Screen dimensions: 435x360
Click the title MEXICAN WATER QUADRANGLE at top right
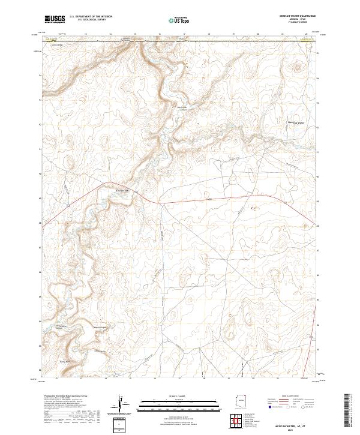[x=294, y=16]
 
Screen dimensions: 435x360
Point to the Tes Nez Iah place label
[x=122, y=191]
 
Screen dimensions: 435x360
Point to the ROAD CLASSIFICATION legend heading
[x=288, y=397]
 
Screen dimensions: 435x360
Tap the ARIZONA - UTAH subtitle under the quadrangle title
[x=294, y=20]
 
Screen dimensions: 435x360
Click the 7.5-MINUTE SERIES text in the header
[x=294, y=23]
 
